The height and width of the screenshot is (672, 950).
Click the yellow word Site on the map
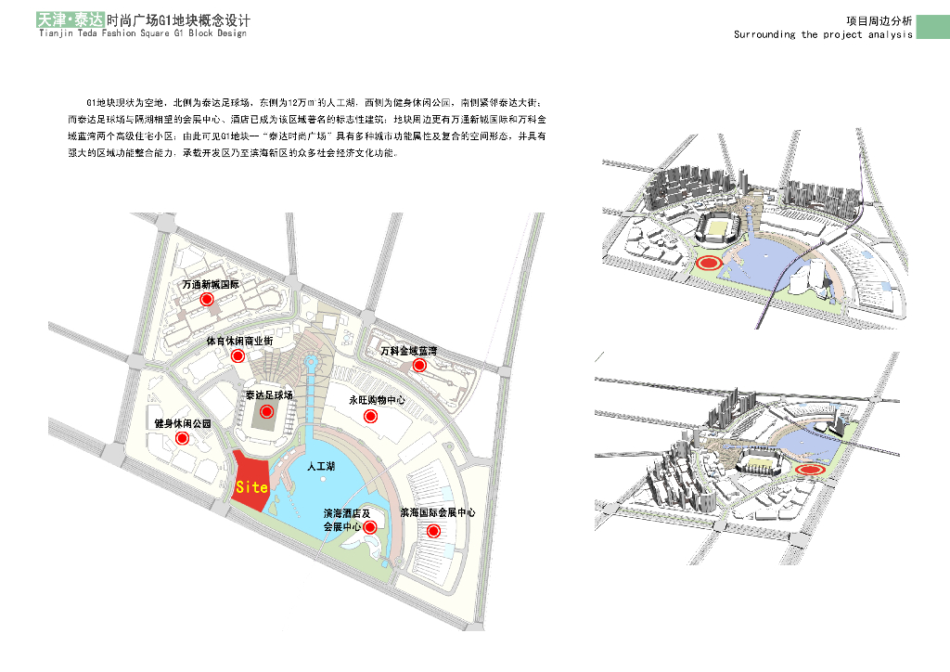[251, 486]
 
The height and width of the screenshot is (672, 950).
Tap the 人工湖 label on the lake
[321, 469]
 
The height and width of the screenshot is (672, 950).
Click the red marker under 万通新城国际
[208, 300]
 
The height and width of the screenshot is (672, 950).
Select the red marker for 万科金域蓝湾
[419, 366]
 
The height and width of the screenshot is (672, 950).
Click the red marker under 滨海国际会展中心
[432, 531]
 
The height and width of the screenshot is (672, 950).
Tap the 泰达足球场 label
[269, 395]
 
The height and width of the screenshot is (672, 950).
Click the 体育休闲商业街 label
[239, 341]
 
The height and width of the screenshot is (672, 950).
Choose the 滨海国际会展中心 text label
[438, 512]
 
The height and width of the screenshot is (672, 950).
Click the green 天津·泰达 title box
[69, 19]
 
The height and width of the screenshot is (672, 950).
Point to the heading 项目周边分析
[879, 20]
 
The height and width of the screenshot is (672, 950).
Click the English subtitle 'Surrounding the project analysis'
[823, 34]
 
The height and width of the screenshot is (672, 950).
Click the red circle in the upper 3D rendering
[711, 265]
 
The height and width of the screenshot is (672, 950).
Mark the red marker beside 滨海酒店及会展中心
[370, 527]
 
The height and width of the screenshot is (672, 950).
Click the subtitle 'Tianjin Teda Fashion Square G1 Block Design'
[143, 33]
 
